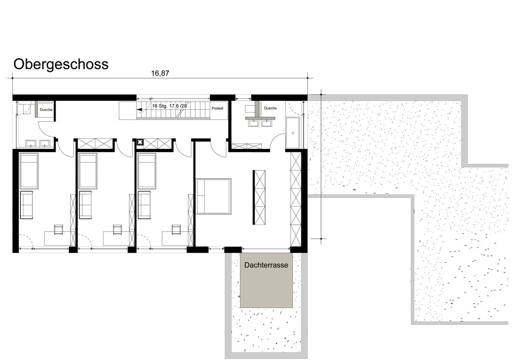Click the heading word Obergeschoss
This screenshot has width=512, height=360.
(61, 65)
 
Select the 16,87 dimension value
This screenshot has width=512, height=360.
(160, 73)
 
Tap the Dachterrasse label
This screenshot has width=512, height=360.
(266, 265)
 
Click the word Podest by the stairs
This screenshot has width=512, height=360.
(218, 108)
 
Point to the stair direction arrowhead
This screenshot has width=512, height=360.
(139, 110)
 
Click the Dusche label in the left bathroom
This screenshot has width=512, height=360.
(46, 110)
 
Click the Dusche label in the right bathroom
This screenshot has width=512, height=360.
(270, 108)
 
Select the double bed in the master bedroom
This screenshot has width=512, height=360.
(213, 196)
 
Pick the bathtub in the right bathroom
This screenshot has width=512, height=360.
(293, 133)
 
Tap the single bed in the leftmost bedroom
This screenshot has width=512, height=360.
(29, 171)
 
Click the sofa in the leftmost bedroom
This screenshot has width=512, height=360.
(27, 205)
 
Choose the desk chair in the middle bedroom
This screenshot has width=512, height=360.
(117, 229)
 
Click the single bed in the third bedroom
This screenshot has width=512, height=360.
(147, 171)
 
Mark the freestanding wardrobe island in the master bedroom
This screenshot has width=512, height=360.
(259, 197)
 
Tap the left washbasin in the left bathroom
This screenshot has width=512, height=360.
(31, 143)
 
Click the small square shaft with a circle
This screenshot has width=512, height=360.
(140, 142)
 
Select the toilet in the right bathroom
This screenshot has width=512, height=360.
(250, 108)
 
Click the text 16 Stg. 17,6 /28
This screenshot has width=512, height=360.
(170, 106)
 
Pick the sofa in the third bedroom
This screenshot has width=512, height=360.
(145, 205)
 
